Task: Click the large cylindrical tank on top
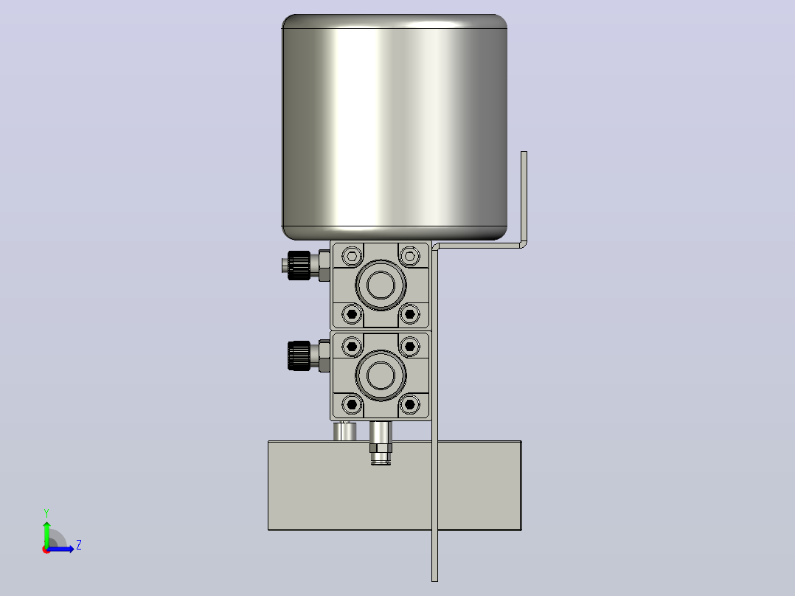coord(395,127)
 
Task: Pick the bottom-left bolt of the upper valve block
coord(352,314)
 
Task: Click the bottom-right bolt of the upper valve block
coord(410,314)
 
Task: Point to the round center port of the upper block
coord(381,285)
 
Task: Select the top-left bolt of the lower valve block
coord(352,347)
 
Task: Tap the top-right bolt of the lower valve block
coord(410,347)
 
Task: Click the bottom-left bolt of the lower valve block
coord(352,405)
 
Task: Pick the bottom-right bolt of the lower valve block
coord(410,405)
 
